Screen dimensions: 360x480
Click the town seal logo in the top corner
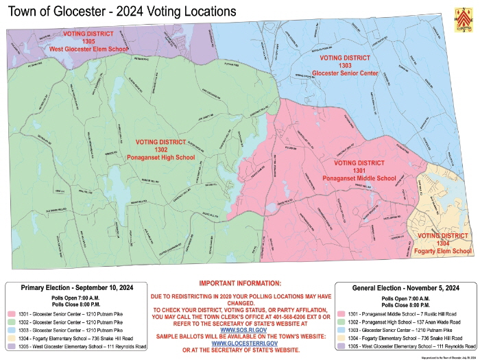(466, 15)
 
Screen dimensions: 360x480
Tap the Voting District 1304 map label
(443, 243)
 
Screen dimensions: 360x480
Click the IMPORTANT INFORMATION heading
(240, 283)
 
